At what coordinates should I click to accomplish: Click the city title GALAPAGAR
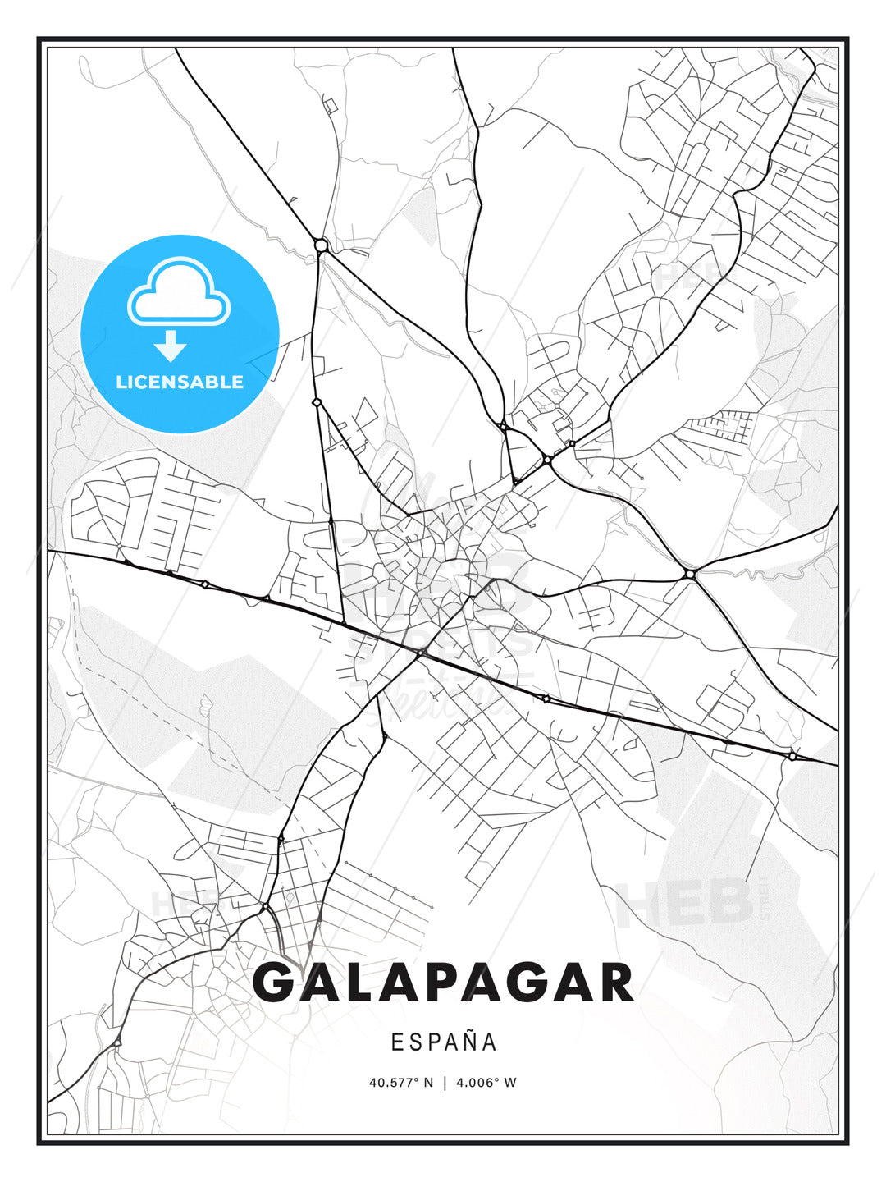443,983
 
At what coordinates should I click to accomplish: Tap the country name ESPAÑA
443,1042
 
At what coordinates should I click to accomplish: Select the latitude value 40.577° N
400,1083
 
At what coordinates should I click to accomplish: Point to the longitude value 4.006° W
485,1083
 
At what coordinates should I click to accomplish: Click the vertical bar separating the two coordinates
444,1083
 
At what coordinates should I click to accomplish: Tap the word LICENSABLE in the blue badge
180,382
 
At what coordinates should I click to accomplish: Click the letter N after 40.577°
427,1083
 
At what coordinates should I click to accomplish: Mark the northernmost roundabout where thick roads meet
321,245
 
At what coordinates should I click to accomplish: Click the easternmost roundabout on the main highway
792,755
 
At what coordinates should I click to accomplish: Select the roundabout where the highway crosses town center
419,654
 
